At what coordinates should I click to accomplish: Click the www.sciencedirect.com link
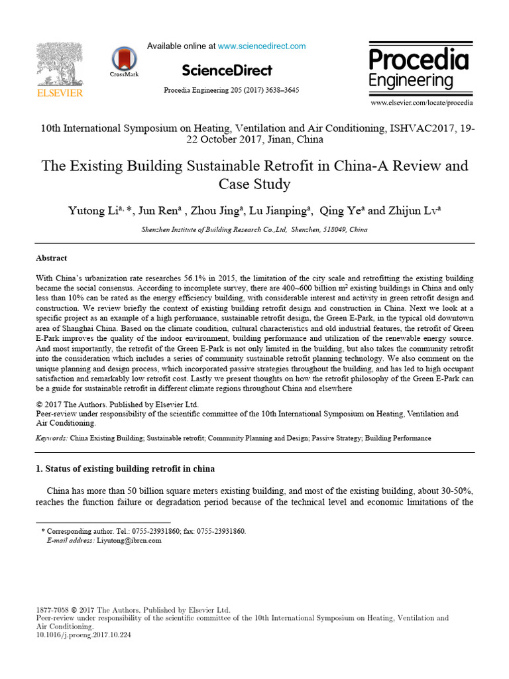(262, 46)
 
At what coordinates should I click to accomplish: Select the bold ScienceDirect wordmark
(226, 70)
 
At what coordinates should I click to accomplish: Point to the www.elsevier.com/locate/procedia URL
(422, 103)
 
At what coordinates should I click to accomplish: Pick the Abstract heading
(51, 258)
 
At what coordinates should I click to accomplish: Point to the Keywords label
(51, 438)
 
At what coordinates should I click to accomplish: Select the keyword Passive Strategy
(335, 438)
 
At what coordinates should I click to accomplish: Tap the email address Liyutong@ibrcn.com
(129, 540)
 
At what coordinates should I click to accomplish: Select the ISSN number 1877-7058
(51, 609)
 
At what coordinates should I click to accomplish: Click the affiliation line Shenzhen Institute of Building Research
(254, 229)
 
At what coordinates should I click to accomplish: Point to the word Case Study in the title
(254, 184)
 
